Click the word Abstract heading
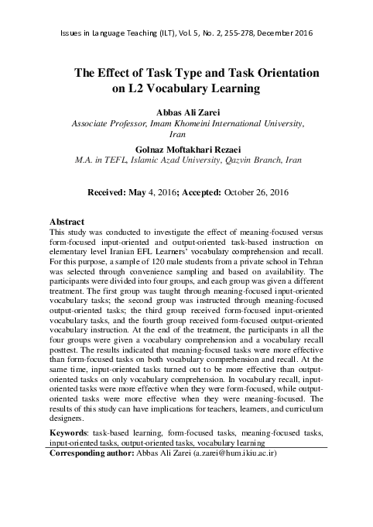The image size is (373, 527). (x=67, y=221)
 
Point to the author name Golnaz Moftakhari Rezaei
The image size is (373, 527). (x=186, y=147)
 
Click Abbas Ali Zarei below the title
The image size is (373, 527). (x=186, y=111)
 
